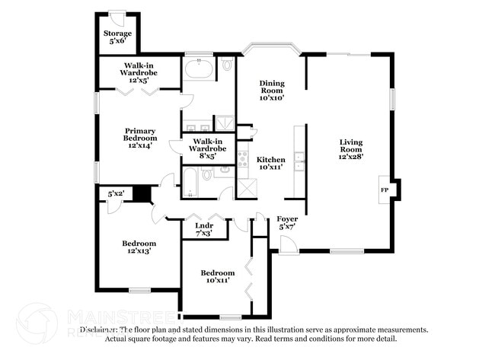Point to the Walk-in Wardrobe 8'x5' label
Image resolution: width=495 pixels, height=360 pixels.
pyautogui.click(x=208, y=148)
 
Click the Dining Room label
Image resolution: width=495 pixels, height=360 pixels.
pyautogui.click(x=271, y=91)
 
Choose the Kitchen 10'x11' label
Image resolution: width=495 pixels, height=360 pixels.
pyautogui.click(x=271, y=163)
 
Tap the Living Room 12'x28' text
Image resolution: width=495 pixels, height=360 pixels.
pyautogui.click(x=351, y=149)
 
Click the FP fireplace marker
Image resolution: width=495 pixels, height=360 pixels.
pyautogui.click(x=385, y=190)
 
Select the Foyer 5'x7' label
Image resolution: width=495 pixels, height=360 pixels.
pyautogui.click(x=287, y=222)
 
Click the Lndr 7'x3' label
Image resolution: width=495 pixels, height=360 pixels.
pyautogui.click(x=203, y=229)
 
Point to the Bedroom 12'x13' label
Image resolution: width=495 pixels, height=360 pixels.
pyautogui.click(x=139, y=247)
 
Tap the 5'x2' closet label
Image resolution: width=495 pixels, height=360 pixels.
pyautogui.click(x=116, y=194)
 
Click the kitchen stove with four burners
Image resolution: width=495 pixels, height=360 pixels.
pyautogui.click(x=244, y=159)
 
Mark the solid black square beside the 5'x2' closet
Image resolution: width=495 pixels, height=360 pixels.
pyautogui.click(x=141, y=194)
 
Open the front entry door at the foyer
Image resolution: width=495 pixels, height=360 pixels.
pyautogui.click(x=287, y=245)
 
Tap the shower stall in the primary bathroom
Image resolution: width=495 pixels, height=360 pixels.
pyautogui.click(x=224, y=123)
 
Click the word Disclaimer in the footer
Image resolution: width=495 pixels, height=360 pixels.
pyautogui.click(x=102, y=330)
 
